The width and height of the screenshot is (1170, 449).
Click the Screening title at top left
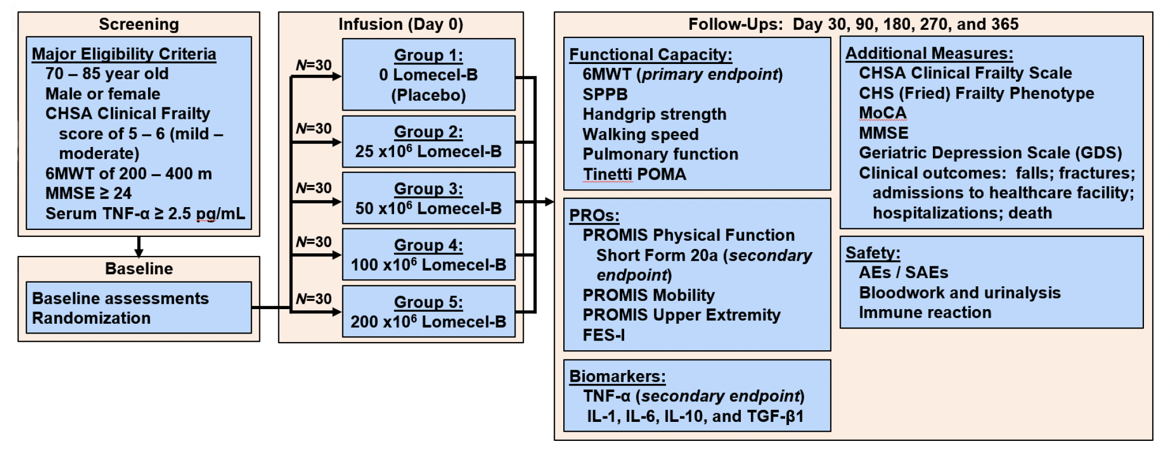tap(138, 24)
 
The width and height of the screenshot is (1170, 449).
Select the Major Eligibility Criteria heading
tap(124, 54)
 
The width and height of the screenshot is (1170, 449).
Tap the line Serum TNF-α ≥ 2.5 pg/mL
tap(145, 214)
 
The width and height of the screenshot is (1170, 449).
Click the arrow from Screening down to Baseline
tap(139, 247)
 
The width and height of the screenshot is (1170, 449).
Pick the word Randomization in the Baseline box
tap(91, 318)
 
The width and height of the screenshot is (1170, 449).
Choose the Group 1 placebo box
tap(429, 74)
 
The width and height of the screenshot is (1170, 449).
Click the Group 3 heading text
tap(428, 189)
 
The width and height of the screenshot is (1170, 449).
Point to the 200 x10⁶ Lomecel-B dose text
tap(428, 322)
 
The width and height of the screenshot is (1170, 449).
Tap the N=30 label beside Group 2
tap(314, 129)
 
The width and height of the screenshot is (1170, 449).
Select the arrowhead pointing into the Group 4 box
tap(337, 255)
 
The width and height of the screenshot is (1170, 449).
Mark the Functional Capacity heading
tap(651, 55)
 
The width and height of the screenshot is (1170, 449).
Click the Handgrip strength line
tap(654, 114)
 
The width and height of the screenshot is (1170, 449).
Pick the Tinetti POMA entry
tap(634, 174)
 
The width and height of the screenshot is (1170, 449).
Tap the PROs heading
tap(594, 215)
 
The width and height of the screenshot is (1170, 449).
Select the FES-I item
tap(603, 335)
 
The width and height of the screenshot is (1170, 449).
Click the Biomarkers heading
tap(617, 376)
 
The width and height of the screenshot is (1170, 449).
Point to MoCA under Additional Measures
tap(882, 113)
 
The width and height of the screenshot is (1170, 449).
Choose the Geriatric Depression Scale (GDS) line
tap(990, 153)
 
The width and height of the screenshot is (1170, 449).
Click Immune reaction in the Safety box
tap(925, 312)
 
